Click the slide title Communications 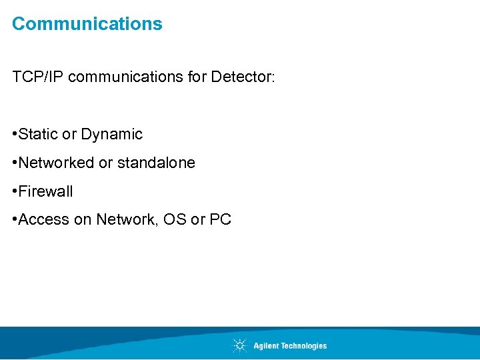87,24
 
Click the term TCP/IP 38,77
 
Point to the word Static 39,134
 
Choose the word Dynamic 111,135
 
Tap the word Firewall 46,191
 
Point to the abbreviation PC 220,219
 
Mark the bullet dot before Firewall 15,192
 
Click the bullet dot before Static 15,135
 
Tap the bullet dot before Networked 15,163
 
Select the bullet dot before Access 15,220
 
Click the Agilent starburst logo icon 239,345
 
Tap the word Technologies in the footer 301,346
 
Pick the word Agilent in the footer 265,346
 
